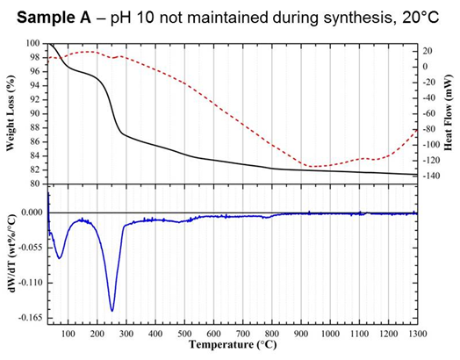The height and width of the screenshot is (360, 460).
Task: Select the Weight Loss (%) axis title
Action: [11, 114]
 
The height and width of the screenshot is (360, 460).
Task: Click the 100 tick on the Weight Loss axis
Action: [32, 43]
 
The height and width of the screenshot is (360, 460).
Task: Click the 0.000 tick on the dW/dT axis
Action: [30, 212]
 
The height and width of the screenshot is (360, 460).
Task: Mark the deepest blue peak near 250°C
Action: [112, 310]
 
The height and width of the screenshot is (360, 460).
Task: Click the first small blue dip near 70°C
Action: [60, 258]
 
